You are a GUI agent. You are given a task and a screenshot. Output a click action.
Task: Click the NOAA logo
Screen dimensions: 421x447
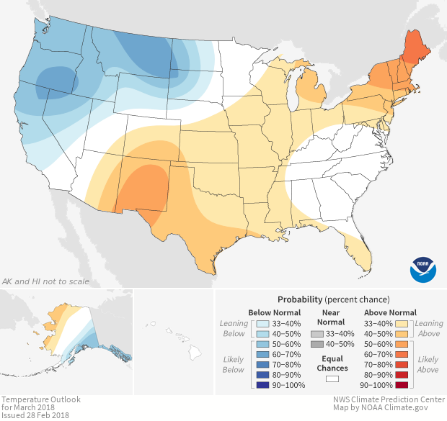click(423, 268)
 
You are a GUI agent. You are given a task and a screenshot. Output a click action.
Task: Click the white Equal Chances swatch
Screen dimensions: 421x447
click(332, 378)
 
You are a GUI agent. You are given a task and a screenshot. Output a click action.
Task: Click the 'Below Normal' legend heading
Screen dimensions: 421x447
click(273, 312)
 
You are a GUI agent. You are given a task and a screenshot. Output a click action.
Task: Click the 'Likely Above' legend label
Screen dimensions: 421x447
click(428, 365)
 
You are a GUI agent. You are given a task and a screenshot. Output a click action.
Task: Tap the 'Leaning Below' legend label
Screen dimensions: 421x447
click(234, 329)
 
